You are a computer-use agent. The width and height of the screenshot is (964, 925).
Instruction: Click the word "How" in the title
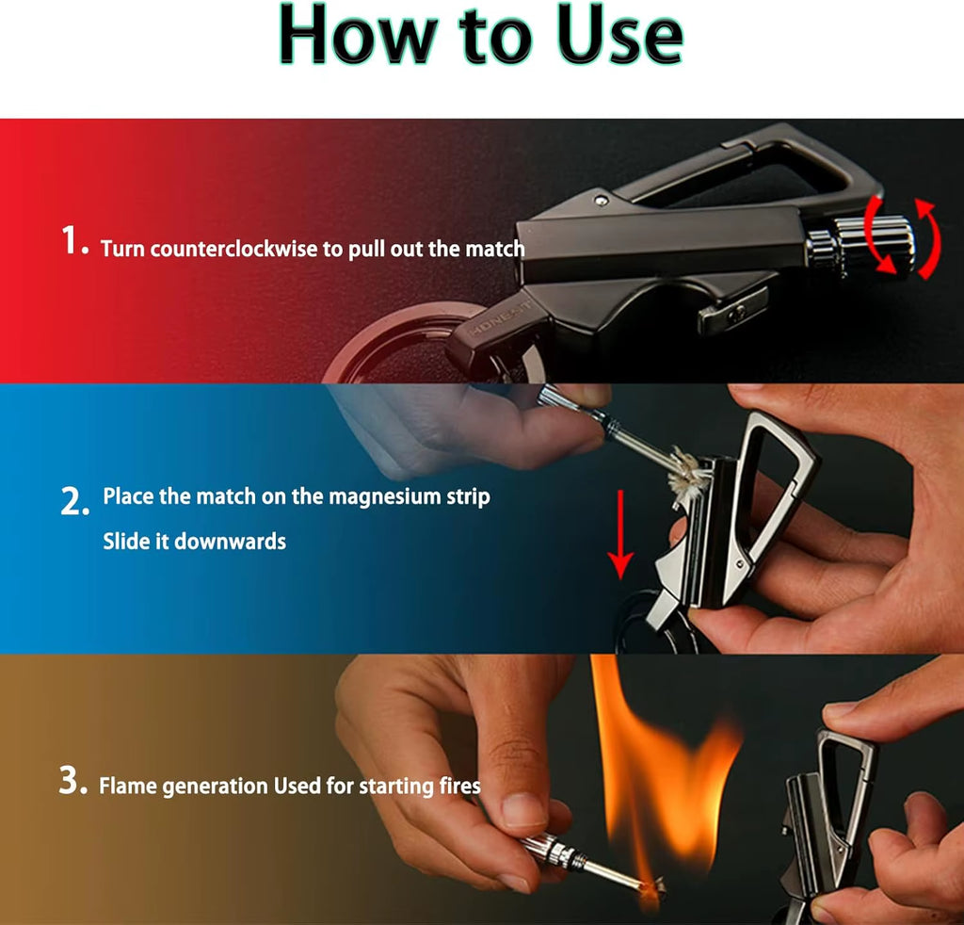pyautogui.click(x=353, y=36)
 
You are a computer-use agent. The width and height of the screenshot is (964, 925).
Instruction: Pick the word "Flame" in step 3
pyautogui.click(x=128, y=786)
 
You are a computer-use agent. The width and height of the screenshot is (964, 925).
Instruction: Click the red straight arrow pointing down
pyautogui.click(x=619, y=533)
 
